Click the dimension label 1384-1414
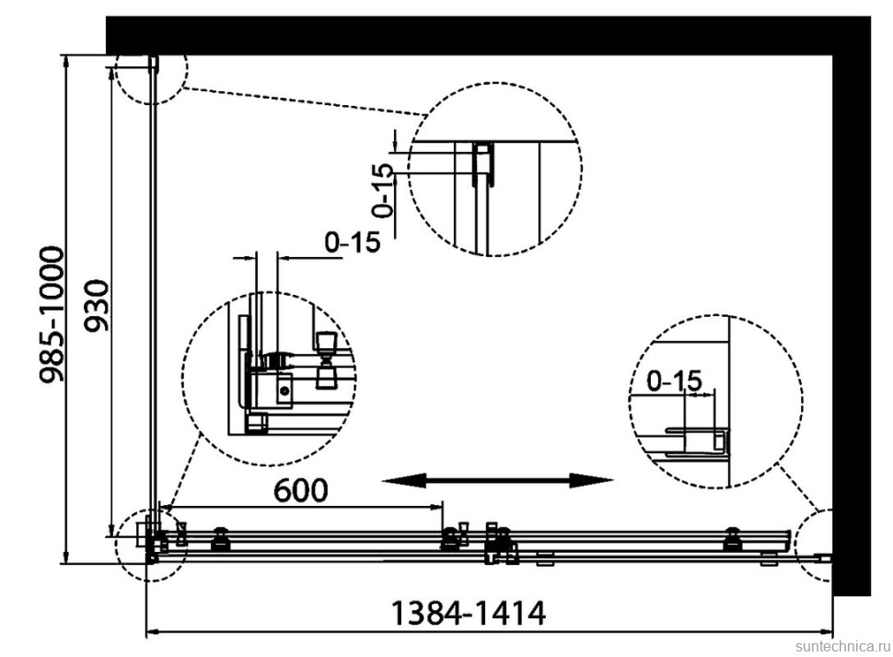pos(469,614)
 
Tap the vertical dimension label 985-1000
pos(51,314)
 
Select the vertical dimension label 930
pos(97,305)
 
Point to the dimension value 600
pos(301,490)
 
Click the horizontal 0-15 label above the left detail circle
pos(352,242)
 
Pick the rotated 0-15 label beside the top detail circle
pos(383,190)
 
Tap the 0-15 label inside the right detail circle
pos(674,381)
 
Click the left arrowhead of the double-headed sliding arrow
pos(404,480)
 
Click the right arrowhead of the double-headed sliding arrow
pos(592,480)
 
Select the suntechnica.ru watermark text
pos(843,646)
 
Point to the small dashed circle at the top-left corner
pos(151,73)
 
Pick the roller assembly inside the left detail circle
pos(327,360)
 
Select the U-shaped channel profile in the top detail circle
pos(483,163)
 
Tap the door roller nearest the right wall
pos(733,539)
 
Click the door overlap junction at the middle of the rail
pos(500,544)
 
